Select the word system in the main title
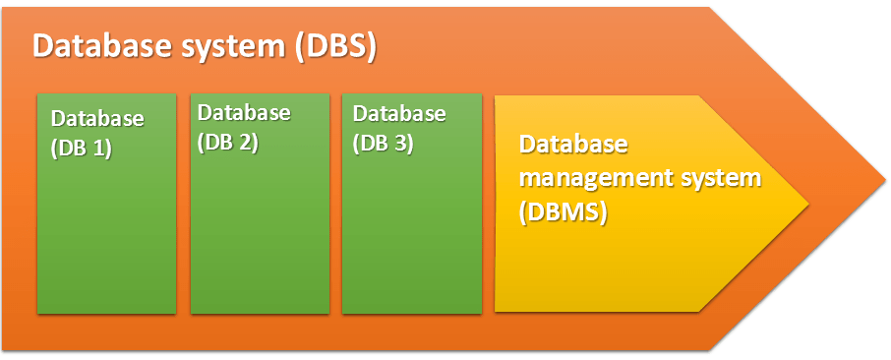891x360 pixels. click(x=233, y=46)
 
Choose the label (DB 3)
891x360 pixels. click(x=383, y=142)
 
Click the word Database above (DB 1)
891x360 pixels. click(x=97, y=119)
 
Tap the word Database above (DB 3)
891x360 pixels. click(x=399, y=112)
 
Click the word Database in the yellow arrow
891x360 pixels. click(x=572, y=145)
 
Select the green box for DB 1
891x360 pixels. click(x=106, y=236)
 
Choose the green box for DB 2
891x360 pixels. click(x=258, y=236)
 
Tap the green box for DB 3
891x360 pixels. click(x=411, y=236)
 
